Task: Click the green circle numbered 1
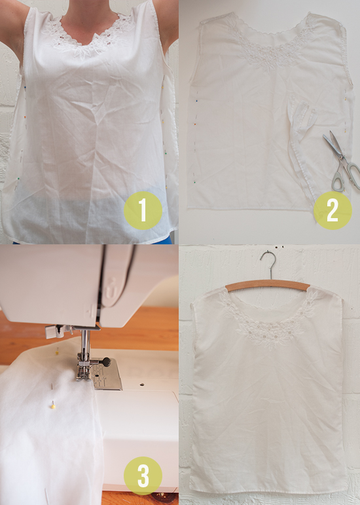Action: coord(143,210)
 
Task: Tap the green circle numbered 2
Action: coord(333,210)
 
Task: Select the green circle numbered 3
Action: coord(143,476)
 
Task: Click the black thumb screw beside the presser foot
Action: coord(104,362)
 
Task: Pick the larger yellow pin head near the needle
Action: coord(53,407)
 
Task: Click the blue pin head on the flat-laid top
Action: coord(196,101)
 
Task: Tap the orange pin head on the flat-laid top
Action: coord(194,124)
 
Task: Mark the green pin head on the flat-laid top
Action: coord(194,182)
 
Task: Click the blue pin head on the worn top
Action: coord(25,87)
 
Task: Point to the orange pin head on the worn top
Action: coord(25,117)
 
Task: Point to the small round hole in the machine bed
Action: coord(141,384)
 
